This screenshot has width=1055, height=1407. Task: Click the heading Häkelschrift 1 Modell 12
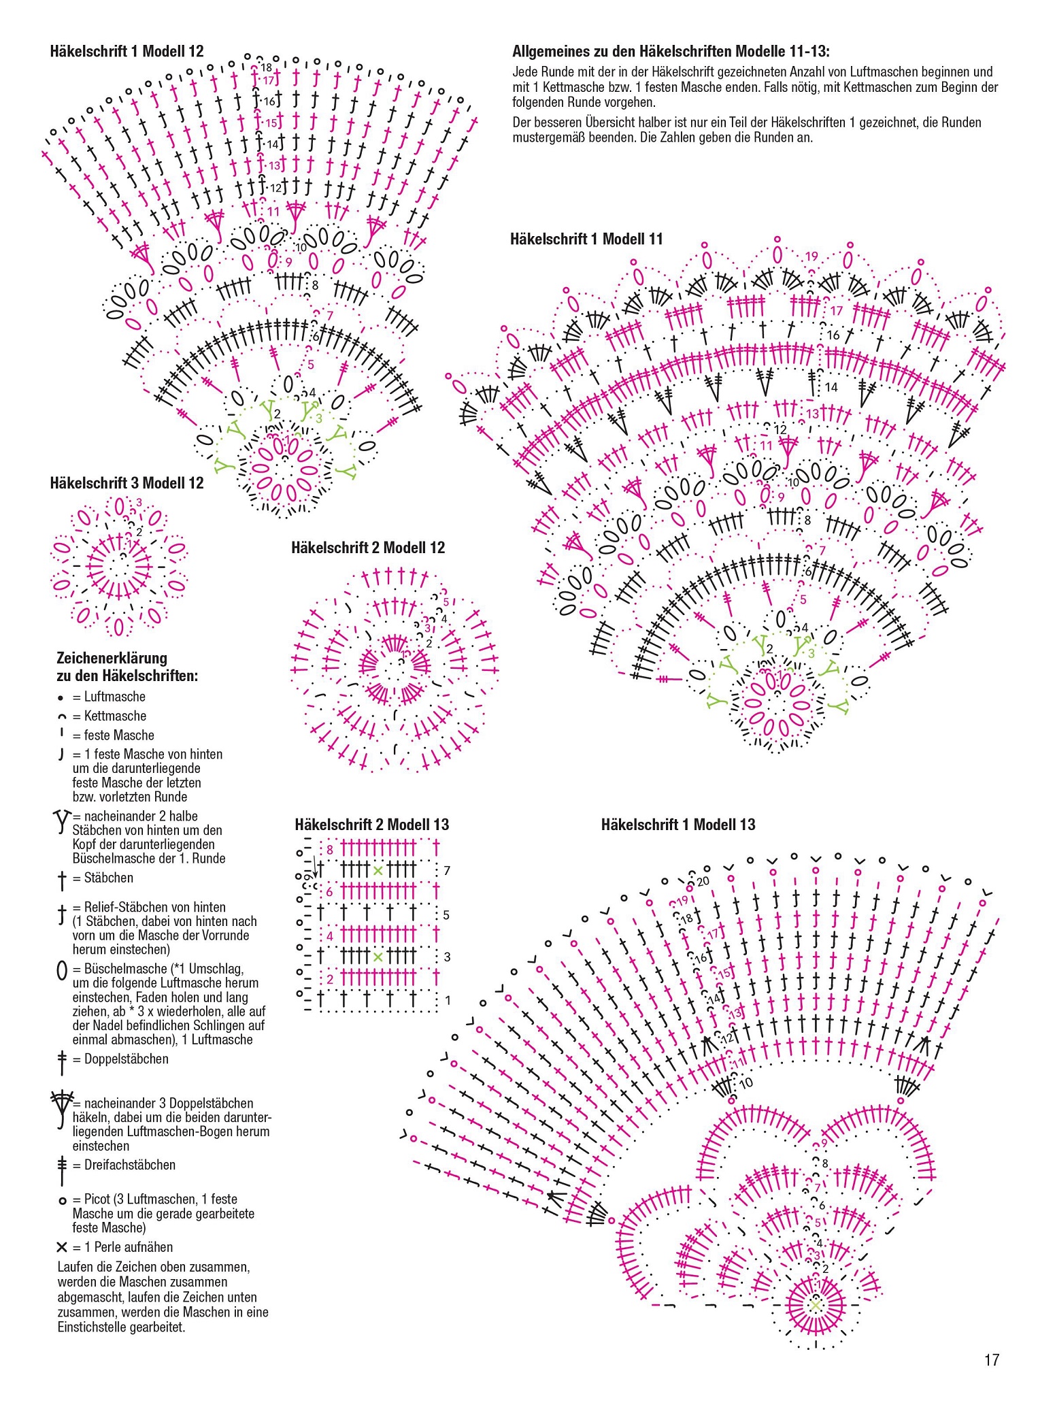click(127, 51)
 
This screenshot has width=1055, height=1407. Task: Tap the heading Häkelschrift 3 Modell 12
click(127, 483)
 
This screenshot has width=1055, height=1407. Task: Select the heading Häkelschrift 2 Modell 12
click(368, 548)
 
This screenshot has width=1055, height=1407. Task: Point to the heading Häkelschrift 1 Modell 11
click(586, 239)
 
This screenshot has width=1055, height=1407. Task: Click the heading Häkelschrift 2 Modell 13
click(372, 825)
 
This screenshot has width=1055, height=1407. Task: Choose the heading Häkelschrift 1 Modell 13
click(678, 825)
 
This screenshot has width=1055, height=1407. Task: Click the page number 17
click(991, 1360)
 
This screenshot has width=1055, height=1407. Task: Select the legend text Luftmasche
click(114, 697)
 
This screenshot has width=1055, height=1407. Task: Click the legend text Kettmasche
click(115, 716)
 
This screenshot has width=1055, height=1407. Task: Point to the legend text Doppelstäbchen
click(126, 1059)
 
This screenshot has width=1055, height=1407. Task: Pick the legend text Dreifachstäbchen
click(129, 1165)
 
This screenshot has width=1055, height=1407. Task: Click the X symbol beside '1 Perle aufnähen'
click(62, 1247)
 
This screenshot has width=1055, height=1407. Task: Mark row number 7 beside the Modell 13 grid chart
click(446, 870)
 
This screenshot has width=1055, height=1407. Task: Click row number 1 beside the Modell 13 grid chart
click(447, 1000)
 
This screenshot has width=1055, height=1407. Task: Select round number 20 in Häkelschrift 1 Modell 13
click(703, 881)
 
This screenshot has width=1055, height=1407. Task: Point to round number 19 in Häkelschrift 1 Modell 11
click(811, 256)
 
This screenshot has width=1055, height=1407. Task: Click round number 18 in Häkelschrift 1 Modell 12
click(266, 67)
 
